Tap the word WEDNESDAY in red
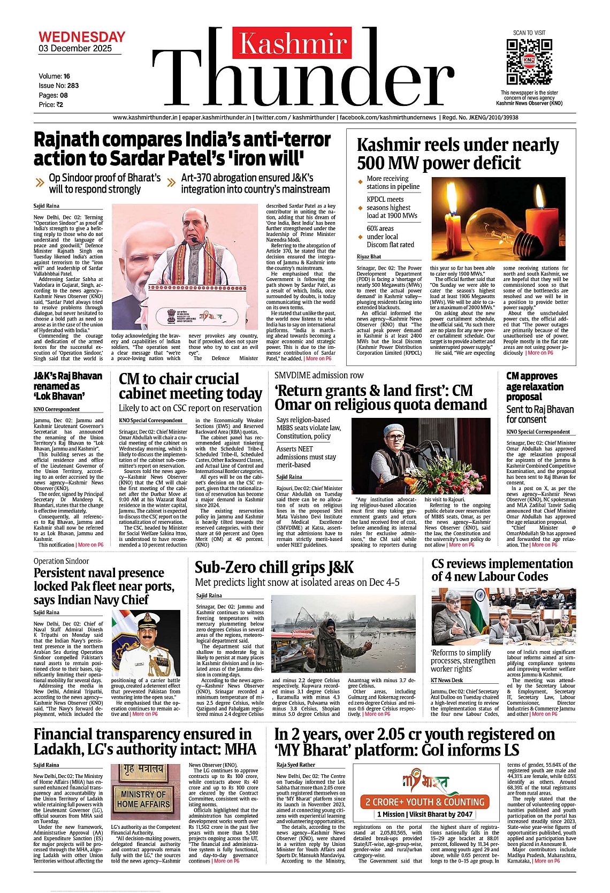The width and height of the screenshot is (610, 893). click(x=82, y=37)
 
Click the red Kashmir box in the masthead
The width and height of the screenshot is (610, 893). click(x=292, y=43)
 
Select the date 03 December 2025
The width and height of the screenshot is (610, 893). click(x=75, y=49)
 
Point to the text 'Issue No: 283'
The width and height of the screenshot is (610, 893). click(x=58, y=86)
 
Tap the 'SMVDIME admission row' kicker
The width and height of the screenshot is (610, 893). click(x=319, y=376)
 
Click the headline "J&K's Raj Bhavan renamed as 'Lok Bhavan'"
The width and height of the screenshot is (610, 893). click(x=68, y=386)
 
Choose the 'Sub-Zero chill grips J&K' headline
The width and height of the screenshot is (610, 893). click(x=274, y=567)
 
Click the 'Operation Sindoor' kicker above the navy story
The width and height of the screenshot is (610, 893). click(x=61, y=561)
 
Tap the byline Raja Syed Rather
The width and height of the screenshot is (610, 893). click(x=296, y=765)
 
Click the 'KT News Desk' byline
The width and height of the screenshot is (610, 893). click(x=447, y=680)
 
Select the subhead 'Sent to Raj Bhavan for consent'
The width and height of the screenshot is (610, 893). click(x=539, y=414)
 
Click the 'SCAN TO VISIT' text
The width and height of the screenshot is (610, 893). click(x=529, y=33)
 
